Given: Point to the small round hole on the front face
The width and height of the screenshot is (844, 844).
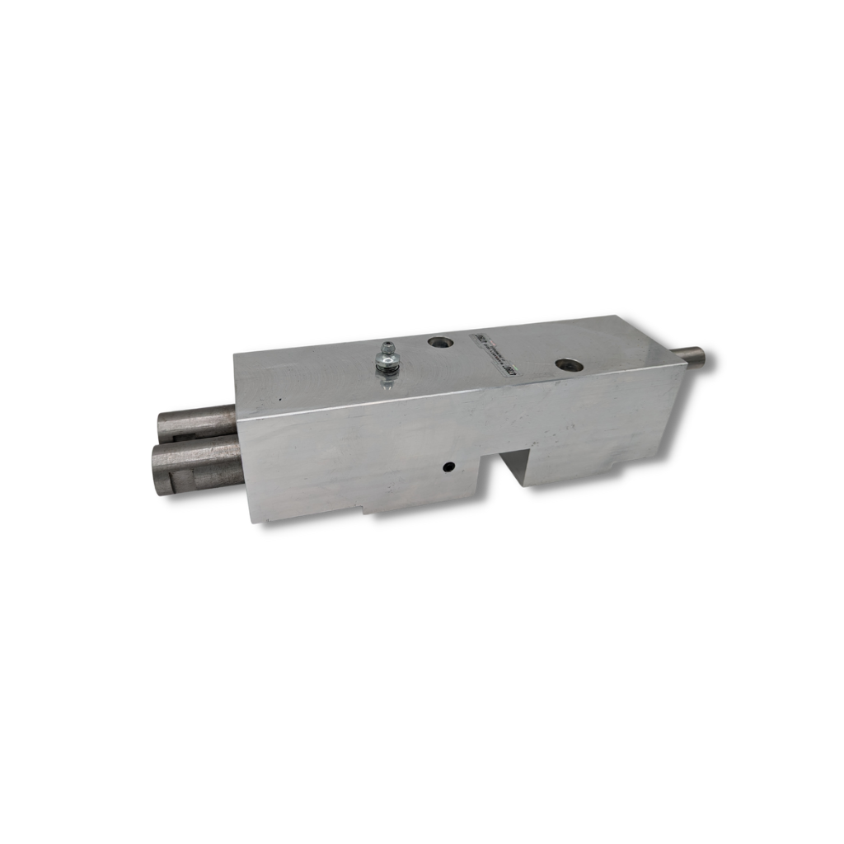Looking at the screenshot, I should (x=448, y=467).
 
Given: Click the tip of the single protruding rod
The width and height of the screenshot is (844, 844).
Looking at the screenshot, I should (x=703, y=357).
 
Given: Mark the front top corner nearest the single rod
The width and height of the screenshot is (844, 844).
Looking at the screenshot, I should (x=686, y=366).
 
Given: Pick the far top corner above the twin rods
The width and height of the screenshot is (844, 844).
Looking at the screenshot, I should (x=235, y=352).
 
